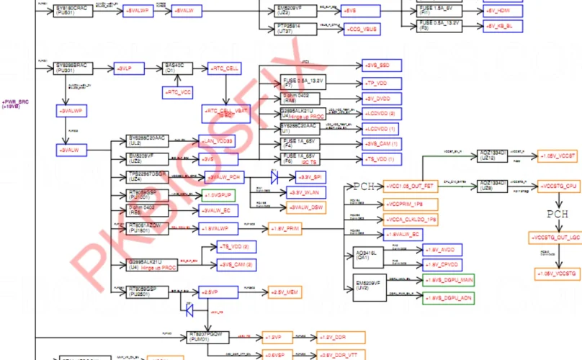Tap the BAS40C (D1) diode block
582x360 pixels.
pyautogui.click(x=175, y=68)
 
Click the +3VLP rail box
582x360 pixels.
pyautogui.click(x=130, y=68)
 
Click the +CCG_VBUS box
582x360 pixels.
pyautogui.click(x=363, y=30)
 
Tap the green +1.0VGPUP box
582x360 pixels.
pyautogui.click(x=218, y=195)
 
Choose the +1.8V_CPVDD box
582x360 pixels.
pyautogui.click(x=440, y=264)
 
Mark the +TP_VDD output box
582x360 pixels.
pyautogui.click(x=378, y=84)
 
